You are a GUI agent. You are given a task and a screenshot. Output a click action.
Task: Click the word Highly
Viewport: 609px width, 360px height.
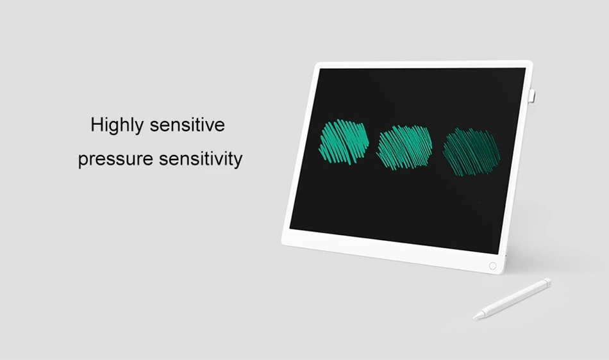117,126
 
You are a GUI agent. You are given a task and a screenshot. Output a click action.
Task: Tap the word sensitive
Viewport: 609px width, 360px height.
187,125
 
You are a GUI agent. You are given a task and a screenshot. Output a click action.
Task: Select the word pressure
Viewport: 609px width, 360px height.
115,160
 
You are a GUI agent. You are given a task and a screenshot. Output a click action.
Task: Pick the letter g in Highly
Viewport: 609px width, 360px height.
114,127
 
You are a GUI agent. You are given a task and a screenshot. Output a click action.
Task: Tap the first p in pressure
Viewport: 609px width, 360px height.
83,161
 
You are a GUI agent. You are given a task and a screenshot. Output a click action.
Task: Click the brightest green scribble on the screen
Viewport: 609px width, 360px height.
344,142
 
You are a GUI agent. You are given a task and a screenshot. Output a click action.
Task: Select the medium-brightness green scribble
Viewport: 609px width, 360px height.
405,147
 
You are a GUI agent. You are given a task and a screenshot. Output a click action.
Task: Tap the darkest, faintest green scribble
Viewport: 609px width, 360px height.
472,152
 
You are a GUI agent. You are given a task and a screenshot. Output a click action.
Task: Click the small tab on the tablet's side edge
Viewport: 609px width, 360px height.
531,96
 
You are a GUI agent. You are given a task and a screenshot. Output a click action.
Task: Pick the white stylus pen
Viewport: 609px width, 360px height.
512,299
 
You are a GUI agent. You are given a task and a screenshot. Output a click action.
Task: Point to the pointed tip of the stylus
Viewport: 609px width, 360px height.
474,318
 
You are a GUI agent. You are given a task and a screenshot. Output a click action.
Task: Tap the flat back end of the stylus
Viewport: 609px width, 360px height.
548,281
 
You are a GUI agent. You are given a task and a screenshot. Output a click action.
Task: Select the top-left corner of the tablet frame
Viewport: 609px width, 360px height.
316,63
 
